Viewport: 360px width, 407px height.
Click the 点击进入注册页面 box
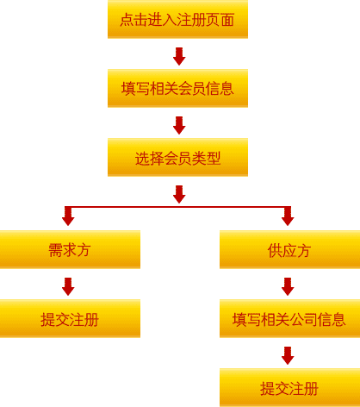click(177, 19)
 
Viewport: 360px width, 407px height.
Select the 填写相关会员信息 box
click(177, 88)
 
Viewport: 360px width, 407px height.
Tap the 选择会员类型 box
click(177, 157)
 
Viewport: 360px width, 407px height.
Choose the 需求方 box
click(70, 249)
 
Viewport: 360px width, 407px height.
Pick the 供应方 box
click(289, 249)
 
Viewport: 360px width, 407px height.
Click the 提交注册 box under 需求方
click(70, 318)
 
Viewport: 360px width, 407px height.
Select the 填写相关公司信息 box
click(289, 318)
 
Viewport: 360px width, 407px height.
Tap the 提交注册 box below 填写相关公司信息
click(289, 387)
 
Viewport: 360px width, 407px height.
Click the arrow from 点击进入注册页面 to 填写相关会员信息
click(179, 56)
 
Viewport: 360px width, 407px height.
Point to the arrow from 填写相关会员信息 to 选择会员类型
click(179, 125)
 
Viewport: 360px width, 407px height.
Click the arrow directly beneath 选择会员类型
click(179, 194)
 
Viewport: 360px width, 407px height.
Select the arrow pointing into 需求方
click(68, 216)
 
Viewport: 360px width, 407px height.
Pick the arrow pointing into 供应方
click(288, 216)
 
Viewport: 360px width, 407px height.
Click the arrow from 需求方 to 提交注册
click(68, 286)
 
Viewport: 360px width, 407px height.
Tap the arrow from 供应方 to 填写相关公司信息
click(288, 286)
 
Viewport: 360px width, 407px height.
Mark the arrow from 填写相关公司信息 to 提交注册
click(288, 355)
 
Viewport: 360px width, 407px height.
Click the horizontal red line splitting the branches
click(178, 207)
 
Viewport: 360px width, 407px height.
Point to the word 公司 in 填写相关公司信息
click(303, 319)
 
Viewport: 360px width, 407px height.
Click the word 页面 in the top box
click(220, 20)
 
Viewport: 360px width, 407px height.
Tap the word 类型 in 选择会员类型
click(206, 159)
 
